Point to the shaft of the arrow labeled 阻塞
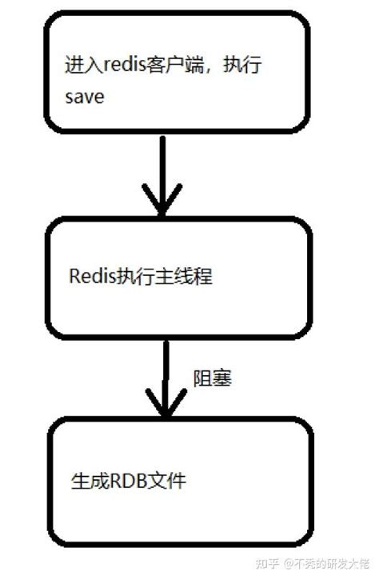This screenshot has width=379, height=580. [166, 368]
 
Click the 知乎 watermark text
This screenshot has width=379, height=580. [266, 565]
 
